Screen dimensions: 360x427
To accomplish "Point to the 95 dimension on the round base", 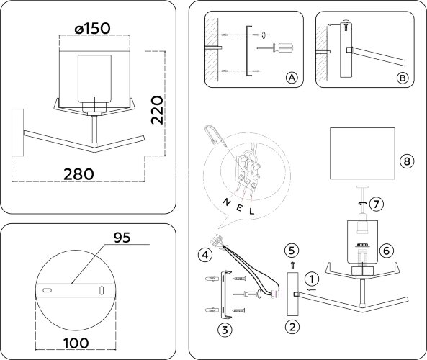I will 122,237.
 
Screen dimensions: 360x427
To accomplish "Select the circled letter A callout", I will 291,77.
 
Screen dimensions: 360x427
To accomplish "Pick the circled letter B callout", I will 403,77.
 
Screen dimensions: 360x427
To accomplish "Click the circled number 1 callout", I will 310,278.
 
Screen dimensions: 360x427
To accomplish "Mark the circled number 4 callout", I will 205,253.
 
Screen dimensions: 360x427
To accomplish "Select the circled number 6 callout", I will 386,251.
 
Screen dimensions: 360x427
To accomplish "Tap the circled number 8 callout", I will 408,162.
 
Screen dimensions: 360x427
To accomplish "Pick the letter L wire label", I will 251,212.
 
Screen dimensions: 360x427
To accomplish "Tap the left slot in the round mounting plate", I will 48,289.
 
